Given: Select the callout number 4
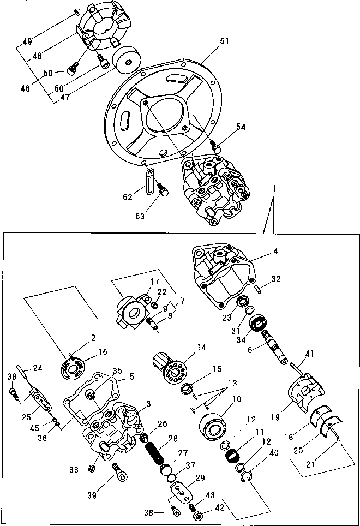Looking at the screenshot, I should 275,252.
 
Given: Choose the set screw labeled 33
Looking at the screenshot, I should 91,468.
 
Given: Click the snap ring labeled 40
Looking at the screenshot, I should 246,479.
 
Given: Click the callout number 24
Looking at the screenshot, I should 38,367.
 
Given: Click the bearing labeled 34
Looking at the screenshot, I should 256,324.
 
